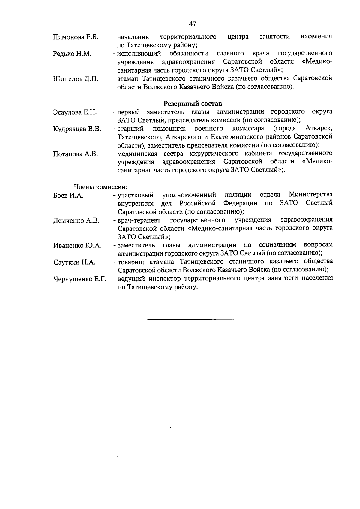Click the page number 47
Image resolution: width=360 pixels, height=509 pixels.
(193, 24)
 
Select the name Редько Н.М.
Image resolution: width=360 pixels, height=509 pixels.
(72, 54)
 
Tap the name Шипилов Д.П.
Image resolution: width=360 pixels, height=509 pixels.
(76, 79)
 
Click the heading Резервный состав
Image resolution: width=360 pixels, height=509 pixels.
(193, 104)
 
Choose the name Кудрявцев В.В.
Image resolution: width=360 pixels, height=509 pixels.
(77, 129)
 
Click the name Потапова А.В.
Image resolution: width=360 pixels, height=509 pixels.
(75, 154)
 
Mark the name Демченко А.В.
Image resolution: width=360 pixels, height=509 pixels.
(76, 221)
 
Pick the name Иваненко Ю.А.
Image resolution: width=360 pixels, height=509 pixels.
(77, 246)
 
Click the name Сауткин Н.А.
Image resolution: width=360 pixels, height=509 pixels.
(74, 262)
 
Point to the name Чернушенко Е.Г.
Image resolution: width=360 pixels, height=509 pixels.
(80, 279)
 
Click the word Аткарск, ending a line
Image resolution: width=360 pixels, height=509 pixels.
(319, 129)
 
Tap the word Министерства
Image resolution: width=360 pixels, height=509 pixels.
(310, 195)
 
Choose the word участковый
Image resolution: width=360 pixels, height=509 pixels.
(136, 196)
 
